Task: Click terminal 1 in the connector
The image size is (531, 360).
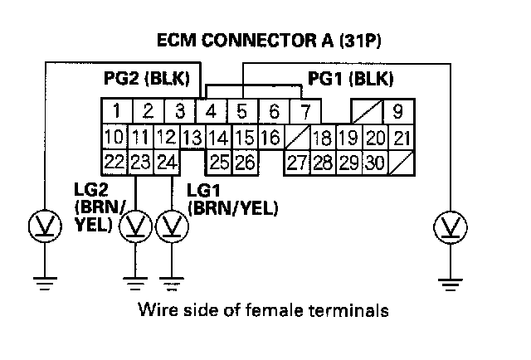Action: [119, 110]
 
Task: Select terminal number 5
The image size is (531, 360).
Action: [243, 110]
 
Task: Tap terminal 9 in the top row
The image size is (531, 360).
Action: [397, 110]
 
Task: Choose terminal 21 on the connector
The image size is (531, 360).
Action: [401, 137]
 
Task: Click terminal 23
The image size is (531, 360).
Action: [140, 162]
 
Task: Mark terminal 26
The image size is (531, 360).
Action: [244, 162]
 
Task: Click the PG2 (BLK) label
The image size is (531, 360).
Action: [147, 80]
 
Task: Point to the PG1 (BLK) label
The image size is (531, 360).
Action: [350, 80]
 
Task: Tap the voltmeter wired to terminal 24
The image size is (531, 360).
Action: [172, 224]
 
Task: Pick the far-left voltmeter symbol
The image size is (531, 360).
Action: [41, 224]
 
